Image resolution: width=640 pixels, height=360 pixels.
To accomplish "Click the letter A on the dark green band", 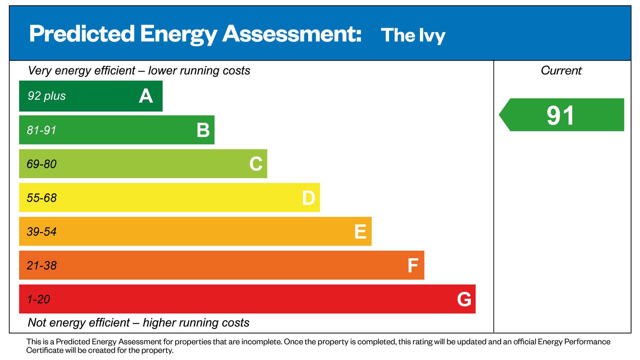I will tap(146, 96).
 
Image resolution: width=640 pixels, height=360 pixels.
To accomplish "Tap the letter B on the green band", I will tap(203, 130).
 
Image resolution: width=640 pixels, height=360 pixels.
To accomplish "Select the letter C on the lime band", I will tap(256, 164).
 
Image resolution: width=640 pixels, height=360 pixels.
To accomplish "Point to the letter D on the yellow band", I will tap(308, 198).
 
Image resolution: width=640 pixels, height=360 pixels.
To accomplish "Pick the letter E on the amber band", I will tap(360, 232).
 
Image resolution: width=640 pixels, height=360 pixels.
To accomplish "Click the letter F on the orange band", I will tap(412, 265).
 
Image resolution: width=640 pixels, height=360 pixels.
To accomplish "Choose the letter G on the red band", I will tap(464, 299).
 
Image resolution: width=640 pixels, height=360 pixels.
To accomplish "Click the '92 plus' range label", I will tap(47, 96).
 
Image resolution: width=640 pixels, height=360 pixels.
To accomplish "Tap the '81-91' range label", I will tap(42, 130).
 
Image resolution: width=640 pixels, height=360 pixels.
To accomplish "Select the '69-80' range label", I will tap(42, 164).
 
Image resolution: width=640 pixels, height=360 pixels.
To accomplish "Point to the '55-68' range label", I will tap(42, 198).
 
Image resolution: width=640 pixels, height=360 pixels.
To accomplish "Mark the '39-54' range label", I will tap(42, 232).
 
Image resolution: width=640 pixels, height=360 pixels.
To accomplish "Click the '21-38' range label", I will tap(42, 265).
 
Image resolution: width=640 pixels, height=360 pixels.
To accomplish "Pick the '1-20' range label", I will tap(38, 299).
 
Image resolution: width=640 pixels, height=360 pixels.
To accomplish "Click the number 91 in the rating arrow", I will tap(560, 115).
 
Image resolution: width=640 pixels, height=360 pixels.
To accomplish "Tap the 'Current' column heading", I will tap(561, 70).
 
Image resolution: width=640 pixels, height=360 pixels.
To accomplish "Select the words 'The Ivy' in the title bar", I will tap(413, 35).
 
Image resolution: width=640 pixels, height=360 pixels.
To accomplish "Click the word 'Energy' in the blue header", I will tap(178, 34).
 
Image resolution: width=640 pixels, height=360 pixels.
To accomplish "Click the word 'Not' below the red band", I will tap(37, 323).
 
